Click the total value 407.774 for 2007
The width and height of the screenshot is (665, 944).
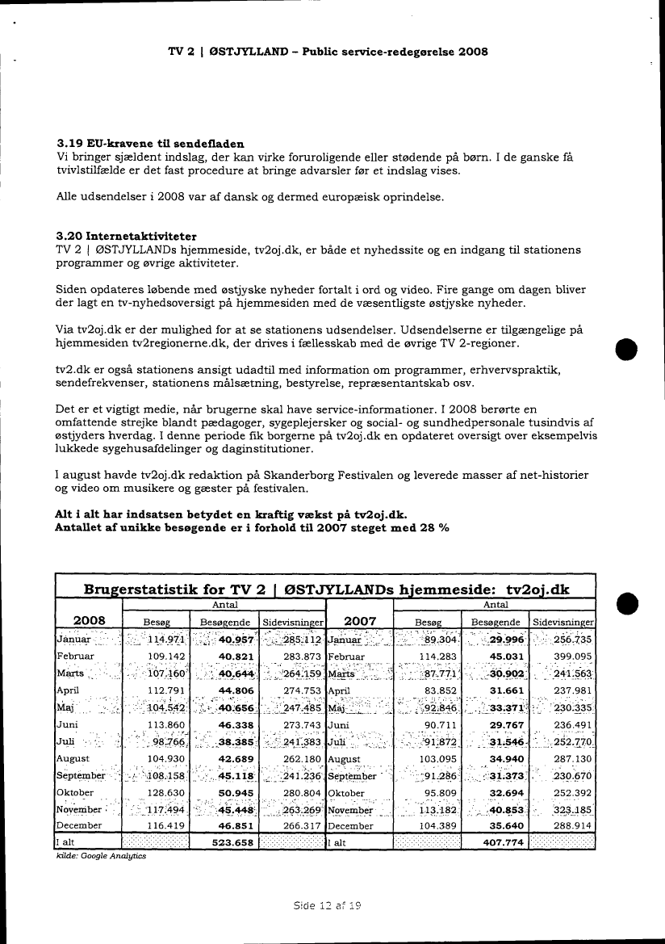point(495,842)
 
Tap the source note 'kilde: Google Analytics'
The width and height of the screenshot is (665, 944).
point(101,856)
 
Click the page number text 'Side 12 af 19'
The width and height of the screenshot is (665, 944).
point(328,905)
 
